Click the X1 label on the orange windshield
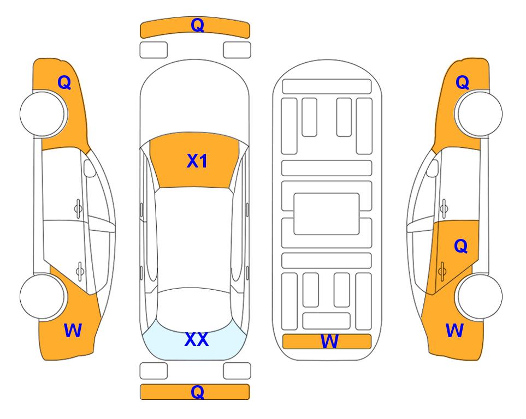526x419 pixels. pos(197,161)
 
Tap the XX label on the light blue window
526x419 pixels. pos(197,339)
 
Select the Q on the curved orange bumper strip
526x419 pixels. pos(197,25)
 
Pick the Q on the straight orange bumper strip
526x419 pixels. pos(197,392)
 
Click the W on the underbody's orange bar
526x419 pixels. pos(329,342)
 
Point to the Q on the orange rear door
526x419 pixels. pos(461,246)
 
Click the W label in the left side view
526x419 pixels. pos(73,331)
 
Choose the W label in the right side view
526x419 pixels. pos(454,331)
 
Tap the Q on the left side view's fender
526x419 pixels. pos(64,82)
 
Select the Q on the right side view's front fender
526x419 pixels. pos(462,82)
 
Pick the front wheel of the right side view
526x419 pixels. pos(480,113)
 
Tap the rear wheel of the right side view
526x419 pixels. pos(480,296)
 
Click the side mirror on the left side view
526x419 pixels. pos(90,168)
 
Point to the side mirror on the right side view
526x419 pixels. pos(433,168)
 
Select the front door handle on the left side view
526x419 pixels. pos(78,208)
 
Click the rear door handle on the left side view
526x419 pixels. pos(80,271)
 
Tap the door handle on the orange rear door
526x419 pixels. pos(442,271)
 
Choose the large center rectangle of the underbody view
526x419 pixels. pos(327,214)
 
